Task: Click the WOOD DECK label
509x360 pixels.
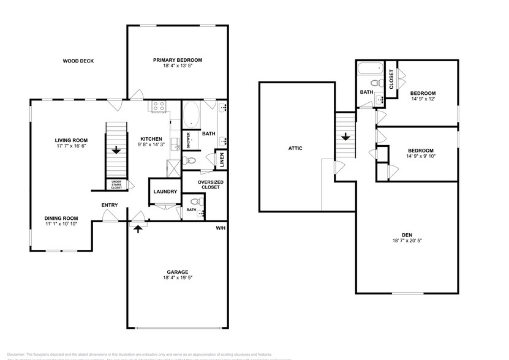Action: [x=81, y=61]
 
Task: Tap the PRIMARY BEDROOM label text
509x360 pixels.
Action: [x=177, y=60]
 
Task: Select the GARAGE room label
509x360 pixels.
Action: [x=177, y=272]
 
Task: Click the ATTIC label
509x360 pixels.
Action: [x=295, y=148]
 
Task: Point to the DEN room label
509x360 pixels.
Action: [x=406, y=234]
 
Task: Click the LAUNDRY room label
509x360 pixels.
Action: [x=165, y=192]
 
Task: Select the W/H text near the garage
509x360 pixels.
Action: [x=221, y=228]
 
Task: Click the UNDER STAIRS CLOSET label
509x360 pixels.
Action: [x=116, y=185]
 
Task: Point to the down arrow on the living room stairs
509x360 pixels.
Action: [x=116, y=149]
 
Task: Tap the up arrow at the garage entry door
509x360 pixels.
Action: [x=137, y=228]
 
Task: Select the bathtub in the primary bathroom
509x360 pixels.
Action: [x=191, y=114]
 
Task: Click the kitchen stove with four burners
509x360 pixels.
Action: [x=159, y=107]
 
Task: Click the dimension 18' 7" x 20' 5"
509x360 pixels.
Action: [x=406, y=241]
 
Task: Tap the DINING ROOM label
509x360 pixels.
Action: [x=61, y=218]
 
